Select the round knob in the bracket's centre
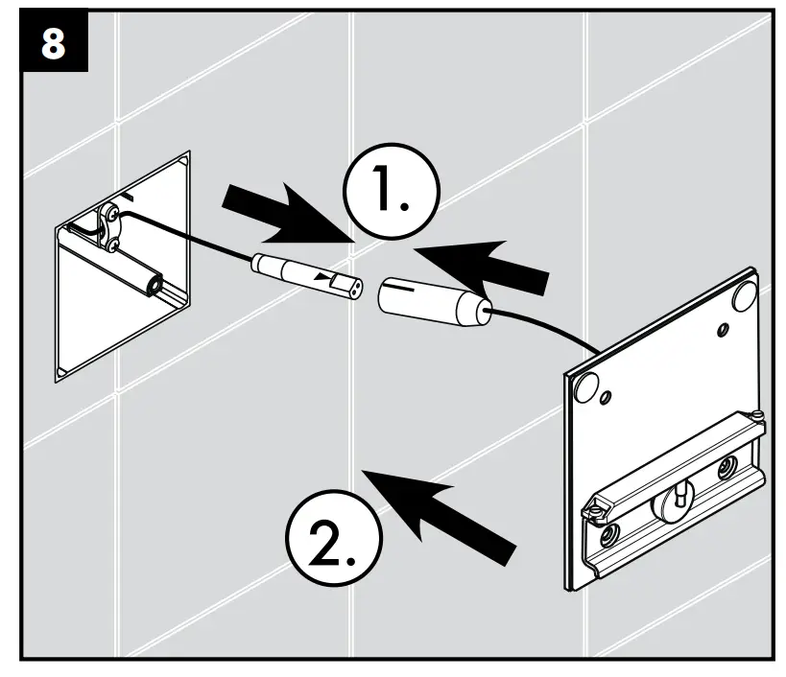click(677, 494)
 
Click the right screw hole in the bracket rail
click(729, 467)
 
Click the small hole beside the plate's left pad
click(606, 396)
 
